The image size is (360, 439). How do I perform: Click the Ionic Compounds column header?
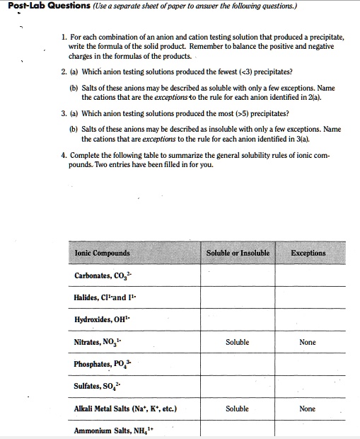point(102,253)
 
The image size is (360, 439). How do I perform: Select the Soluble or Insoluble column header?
point(238,253)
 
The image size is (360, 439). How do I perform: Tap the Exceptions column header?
point(308,253)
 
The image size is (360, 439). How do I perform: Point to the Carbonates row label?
point(101,276)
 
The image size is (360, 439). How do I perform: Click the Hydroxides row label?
point(103,319)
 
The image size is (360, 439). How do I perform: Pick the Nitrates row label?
point(100,342)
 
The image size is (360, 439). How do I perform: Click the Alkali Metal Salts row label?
point(124,409)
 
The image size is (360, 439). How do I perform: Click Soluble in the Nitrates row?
point(237,342)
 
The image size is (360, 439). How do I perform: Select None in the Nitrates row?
point(308,342)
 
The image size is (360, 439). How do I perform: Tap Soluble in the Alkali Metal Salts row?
point(237,409)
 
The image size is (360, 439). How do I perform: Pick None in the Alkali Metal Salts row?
point(308,409)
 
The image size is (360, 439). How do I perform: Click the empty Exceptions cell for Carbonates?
point(308,276)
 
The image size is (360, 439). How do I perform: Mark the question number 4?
point(64,154)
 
